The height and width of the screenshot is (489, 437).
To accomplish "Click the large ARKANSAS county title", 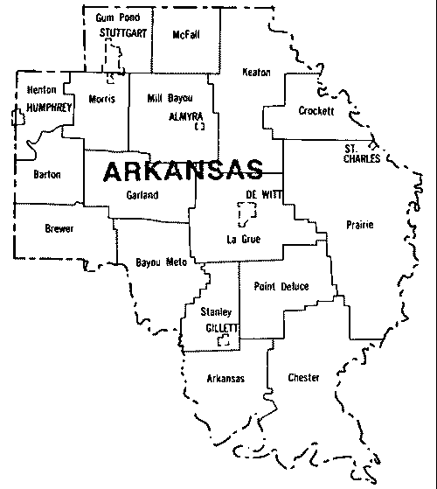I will pyautogui.click(x=183, y=170).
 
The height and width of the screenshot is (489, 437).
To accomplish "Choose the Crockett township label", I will pyautogui.click(x=316, y=111).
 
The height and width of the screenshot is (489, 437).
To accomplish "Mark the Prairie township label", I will pyautogui.click(x=359, y=225).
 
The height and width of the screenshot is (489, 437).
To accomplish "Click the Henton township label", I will pyautogui.click(x=42, y=89).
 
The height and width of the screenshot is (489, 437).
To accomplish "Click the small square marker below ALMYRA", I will pyautogui.click(x=199, y=126).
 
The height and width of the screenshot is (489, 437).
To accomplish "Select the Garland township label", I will pyautogui.click(x=142, y=195).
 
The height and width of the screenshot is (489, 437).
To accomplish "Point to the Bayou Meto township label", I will pyautogui.click(x=156, y=262).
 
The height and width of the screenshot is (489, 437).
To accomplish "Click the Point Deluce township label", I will pyautogui.click(x=276, y=286).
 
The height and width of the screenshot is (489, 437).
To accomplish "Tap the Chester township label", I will pyautogui.click(x=303, y=377).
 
